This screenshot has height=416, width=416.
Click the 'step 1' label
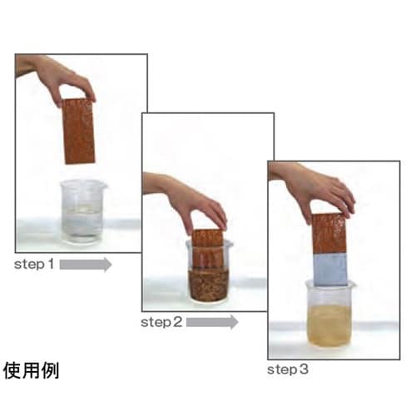(34, 265)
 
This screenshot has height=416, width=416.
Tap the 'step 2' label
(161, 322)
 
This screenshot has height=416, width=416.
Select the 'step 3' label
(288, 369)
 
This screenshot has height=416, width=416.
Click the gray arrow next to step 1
(86, 265)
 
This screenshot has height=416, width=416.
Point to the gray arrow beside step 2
(212, 322)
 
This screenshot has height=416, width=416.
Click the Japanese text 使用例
(31, 370)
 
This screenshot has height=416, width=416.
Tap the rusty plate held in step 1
(78, 131)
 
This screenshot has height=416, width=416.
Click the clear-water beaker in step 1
(82, 212)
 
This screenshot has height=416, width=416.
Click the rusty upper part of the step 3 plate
(329, 234)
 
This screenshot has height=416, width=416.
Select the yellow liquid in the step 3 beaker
(329, 326)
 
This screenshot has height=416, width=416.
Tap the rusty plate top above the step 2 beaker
(207, 238)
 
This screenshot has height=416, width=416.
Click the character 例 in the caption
(50, 370)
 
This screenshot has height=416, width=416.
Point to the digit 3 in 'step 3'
(303, 369)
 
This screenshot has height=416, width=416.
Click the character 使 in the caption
(12, 370)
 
